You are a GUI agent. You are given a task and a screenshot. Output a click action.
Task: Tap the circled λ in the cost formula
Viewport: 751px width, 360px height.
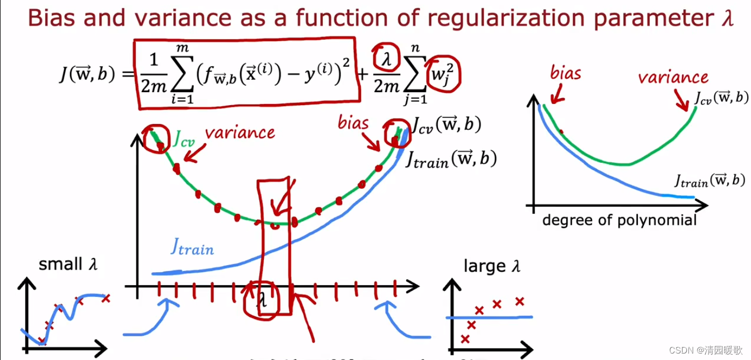[384, 56]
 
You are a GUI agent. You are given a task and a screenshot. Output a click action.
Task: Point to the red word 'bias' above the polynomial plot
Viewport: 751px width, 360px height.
[566, 72]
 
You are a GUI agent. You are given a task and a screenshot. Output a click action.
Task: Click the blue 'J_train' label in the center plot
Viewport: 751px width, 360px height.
[192, 247]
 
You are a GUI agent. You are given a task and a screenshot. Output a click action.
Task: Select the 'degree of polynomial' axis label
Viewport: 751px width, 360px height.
[619, 220]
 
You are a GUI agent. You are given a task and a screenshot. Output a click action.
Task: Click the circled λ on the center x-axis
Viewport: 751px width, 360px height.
[262, 299]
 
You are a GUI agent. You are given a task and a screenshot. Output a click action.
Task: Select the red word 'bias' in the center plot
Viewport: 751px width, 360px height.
[353, 122]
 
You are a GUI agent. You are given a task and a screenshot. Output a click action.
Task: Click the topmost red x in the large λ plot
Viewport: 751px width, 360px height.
[520, 301]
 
